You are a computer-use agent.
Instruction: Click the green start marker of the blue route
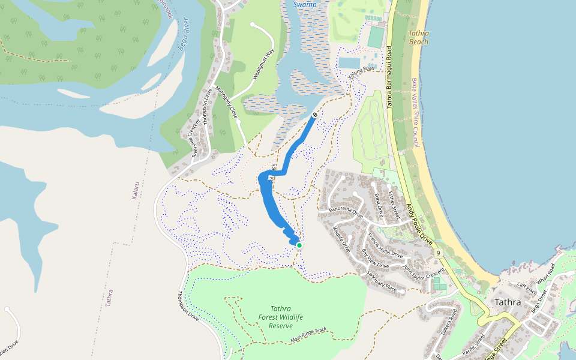pyautogui.click(x=299, y=245)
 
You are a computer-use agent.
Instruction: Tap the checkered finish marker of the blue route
pyautogui.click(x=315, y=115)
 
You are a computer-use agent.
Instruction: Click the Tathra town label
pyautogui.click(x=508, y=302)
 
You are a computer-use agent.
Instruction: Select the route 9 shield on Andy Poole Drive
pyautogui.click(x=439, y=253)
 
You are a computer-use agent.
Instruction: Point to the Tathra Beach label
pyautogui.click(x=419, y=38)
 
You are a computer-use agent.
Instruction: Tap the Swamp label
pyautogui.click(x=304, y=5)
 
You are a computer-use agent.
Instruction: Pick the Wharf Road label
pyautogui.click(x=548, y=280)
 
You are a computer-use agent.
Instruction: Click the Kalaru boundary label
pyautogui.click(x=136, y=191)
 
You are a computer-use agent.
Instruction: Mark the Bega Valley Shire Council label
pyautogui.click(x=414, y=113)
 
